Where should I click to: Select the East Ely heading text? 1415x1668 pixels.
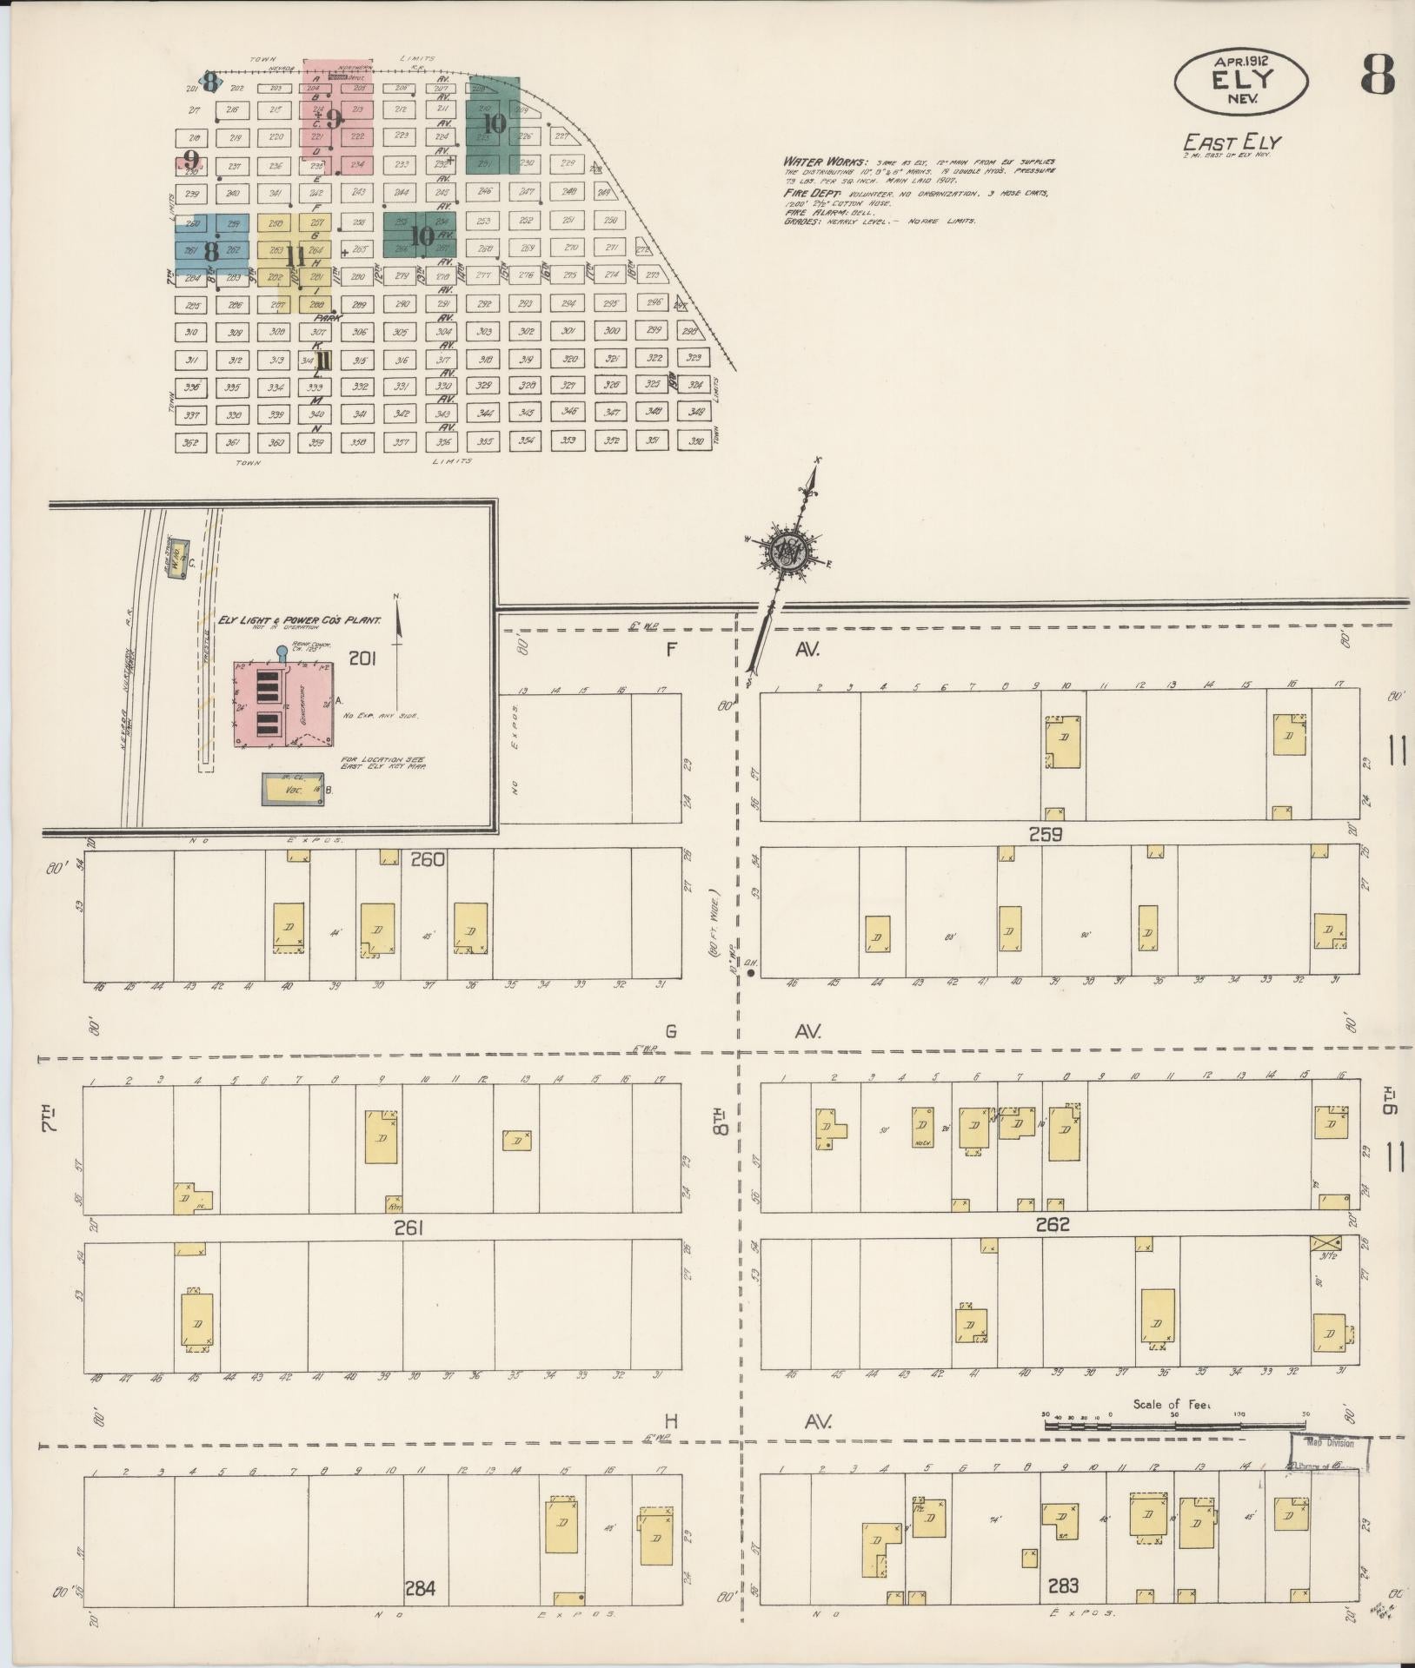pos(1232,142)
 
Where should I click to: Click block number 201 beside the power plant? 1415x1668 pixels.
pos(362,659)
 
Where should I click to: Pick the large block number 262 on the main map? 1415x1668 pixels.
pos(1052,1226)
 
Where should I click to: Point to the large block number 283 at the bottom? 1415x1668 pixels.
pos(1063,1586)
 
